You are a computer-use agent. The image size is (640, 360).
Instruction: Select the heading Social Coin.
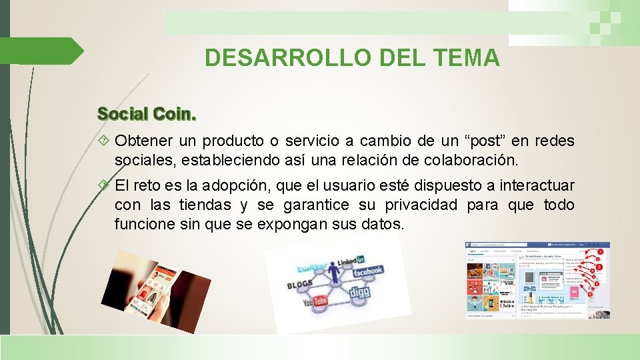pyautogui.click(x=147, y=113)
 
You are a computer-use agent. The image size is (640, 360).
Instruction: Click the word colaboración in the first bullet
pyautogui.click(x=472, y=160)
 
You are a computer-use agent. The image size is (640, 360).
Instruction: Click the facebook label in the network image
pyautogui.click(x=367, y=271)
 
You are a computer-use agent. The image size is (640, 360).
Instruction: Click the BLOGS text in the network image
pyautogui.click(x=299, y=285)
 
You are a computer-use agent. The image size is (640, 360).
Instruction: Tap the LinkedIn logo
pyautogui.click(x=350, y=261)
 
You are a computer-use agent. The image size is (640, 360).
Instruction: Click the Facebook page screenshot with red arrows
pyautogui.click(x=537, y=280)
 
